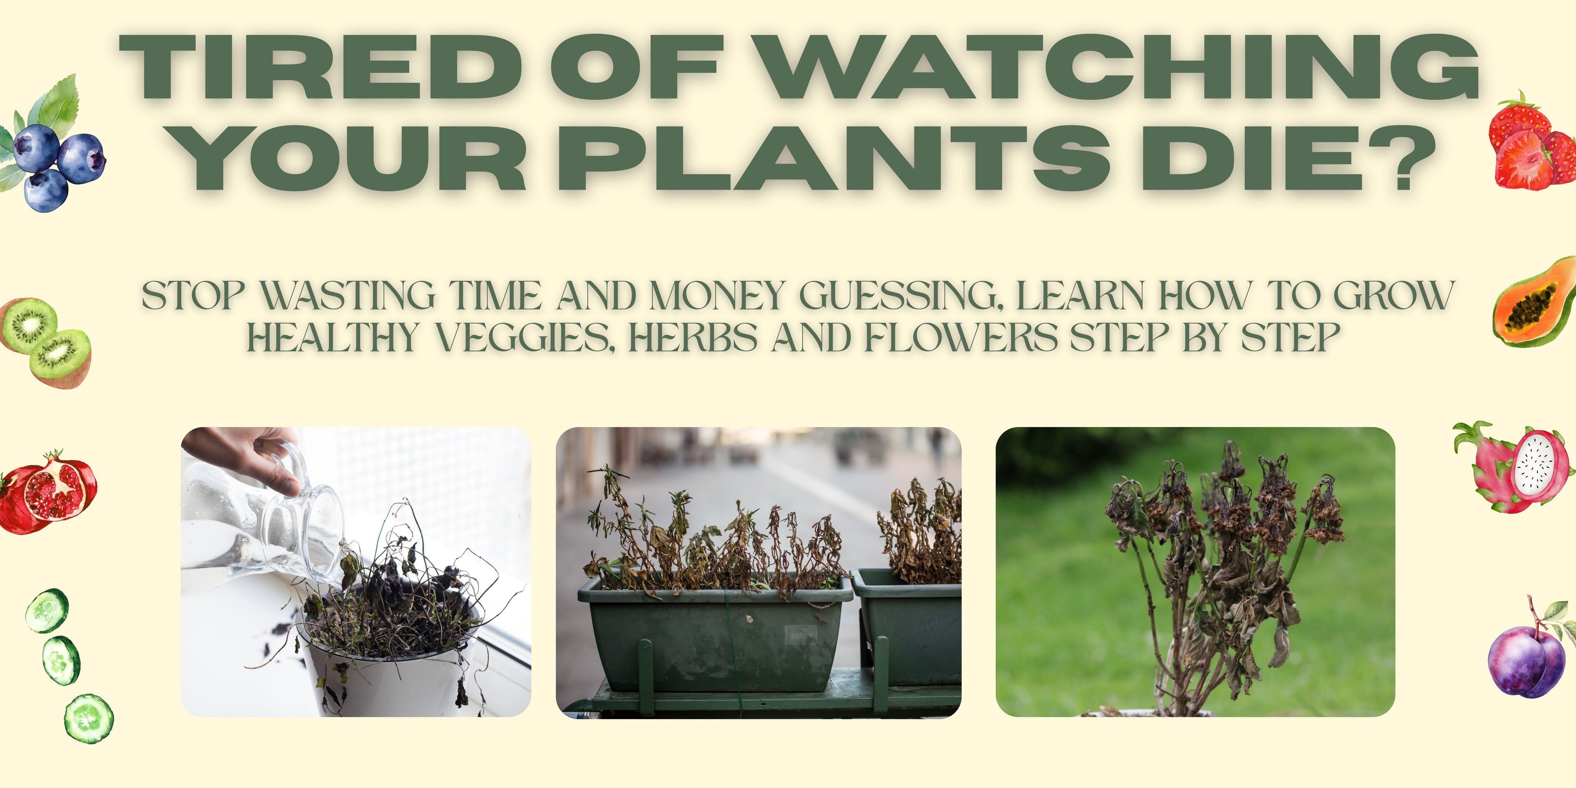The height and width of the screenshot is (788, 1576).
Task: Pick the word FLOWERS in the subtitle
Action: tap(960, 338)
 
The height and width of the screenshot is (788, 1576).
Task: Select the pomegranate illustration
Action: tap(48, 492)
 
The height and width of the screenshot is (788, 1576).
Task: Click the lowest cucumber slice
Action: tap(89, 718)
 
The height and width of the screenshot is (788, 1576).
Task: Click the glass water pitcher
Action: tap(263, 526)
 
